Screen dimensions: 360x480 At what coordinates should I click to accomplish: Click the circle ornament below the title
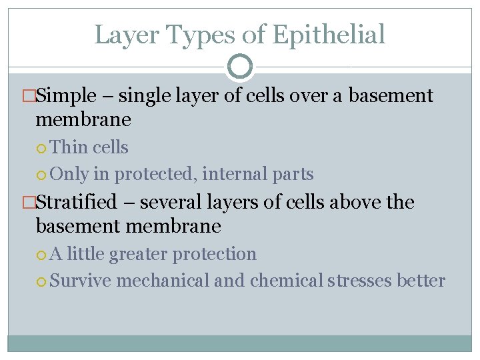click(x=240, y=67)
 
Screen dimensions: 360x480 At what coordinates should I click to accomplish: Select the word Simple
click(x=67, y=96)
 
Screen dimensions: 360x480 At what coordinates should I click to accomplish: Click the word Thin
click(x=69, y=147)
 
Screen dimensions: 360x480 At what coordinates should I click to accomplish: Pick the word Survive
click(x=80, y=281)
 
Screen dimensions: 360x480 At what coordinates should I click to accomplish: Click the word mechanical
click(x=163, y=281)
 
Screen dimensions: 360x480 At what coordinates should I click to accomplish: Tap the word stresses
click(x=360, y=281)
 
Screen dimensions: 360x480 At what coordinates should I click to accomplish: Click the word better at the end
click(x=421, y=281)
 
